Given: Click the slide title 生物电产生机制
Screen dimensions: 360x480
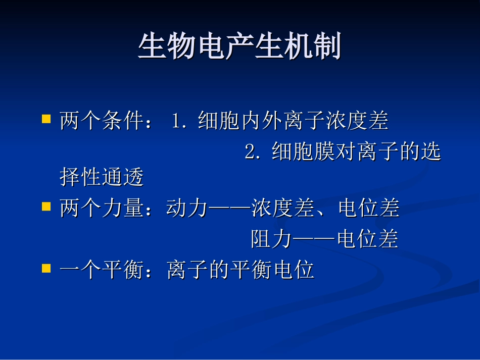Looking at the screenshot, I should pyautogui.click(x=239, y=47).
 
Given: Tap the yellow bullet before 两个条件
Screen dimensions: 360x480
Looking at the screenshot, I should pyautogui.click(x=46, y=119).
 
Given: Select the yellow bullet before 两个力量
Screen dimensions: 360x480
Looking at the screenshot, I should pyautogui.click(x=46, y=206).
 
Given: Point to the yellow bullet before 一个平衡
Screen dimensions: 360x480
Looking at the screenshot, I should pyautogui.click(x=46, y=268).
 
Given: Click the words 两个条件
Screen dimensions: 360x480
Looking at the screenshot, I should pyautogui.click(x=102, y=121).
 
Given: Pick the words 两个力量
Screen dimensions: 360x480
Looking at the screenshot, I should pyautogui.click(x=102, y=209).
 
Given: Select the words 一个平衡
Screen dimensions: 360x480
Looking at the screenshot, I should pyautogui.click(x=102, y=270).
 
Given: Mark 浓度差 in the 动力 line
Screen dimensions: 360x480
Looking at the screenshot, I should pyautogui.click(x=283, y=209).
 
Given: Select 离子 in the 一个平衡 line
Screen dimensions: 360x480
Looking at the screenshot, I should pyautogui.click(x=187, y=270).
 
